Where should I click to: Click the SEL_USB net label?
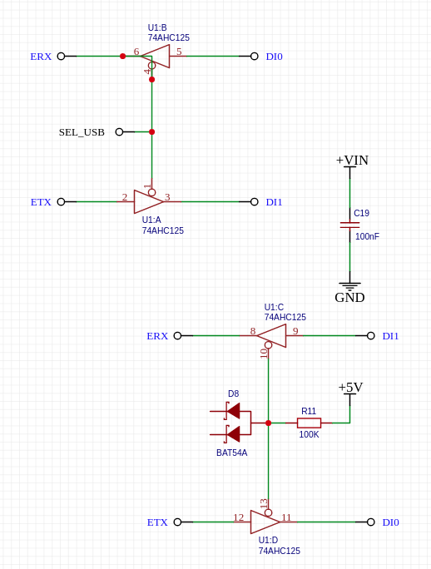82,132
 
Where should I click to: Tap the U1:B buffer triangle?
156,57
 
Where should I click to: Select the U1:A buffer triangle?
148,201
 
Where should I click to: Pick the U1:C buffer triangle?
271,336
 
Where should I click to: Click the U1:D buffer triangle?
265,522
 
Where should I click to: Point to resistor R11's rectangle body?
309,423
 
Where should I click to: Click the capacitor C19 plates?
349,225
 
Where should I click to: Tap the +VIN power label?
352,160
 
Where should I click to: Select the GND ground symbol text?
349,298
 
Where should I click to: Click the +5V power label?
350,387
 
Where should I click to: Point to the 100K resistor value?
309,434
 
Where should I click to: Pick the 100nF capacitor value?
367,236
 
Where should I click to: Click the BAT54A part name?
231,453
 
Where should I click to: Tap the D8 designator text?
234,393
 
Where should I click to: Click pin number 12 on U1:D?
239,517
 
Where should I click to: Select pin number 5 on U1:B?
179,52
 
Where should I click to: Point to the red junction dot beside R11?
268,423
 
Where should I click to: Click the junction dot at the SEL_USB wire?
151,132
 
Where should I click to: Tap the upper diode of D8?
233,411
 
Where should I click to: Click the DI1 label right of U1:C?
390,336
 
